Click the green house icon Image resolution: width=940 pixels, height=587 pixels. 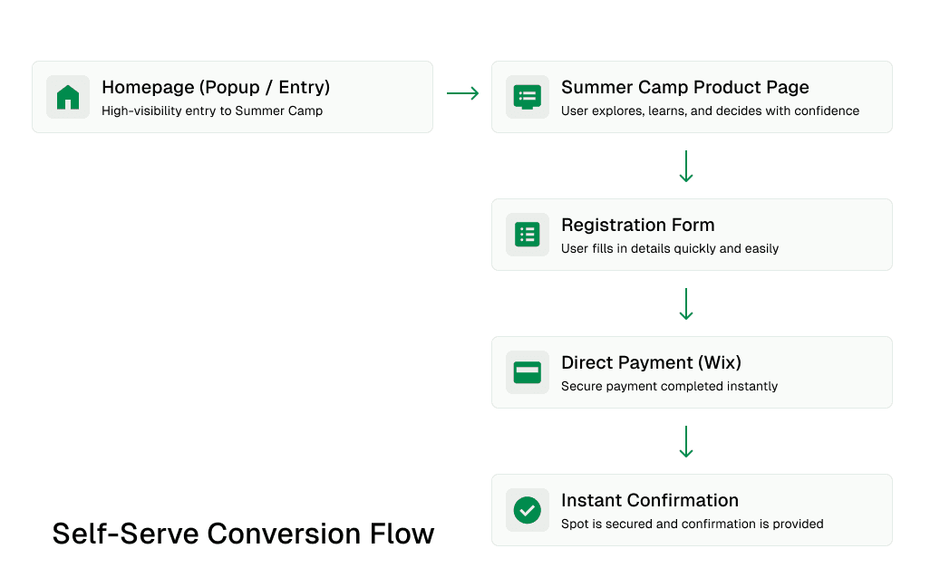pyautogui.click(x=68, y=97)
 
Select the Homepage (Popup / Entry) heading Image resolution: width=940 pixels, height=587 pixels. pyautogui.click(x=216, y=88)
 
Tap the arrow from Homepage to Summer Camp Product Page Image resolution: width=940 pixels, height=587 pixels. pyautogui.click(x=463, y=93)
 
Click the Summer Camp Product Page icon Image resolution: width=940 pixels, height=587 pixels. pyautogui.click(x=528, y=97)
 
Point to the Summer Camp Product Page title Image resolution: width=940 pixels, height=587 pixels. pyautogui.click(x=685, y=88)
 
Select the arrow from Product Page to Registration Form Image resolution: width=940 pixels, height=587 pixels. pyautogui.click(x=686, y=166)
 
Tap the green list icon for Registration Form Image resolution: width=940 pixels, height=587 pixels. pyautogui.click(x=528, y=235)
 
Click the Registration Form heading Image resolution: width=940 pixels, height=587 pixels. pyautogui.click(x=638, y=226)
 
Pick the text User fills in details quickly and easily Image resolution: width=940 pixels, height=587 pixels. pyautogui.click(x=670, y=248)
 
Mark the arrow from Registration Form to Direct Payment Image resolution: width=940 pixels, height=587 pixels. pyautogui.click(x=686, y=303)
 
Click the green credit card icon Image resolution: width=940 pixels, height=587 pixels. pyautogui.click(x=528, y=372)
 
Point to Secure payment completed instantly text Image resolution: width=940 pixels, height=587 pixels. pyautogui.click(x=670, y=386)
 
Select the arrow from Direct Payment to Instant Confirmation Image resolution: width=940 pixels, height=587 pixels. pyautogui.click(x=686, y=441)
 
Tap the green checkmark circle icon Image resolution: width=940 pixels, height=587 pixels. pyautogui.click(x=528, y=510)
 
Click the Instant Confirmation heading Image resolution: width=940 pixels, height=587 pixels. pyautogui.click(x=650, y=501)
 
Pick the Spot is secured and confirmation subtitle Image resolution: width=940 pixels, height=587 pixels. pyautogui.click(x=693, y=524)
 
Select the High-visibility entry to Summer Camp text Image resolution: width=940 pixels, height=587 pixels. pyautogui.click(x=212, y=111)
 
